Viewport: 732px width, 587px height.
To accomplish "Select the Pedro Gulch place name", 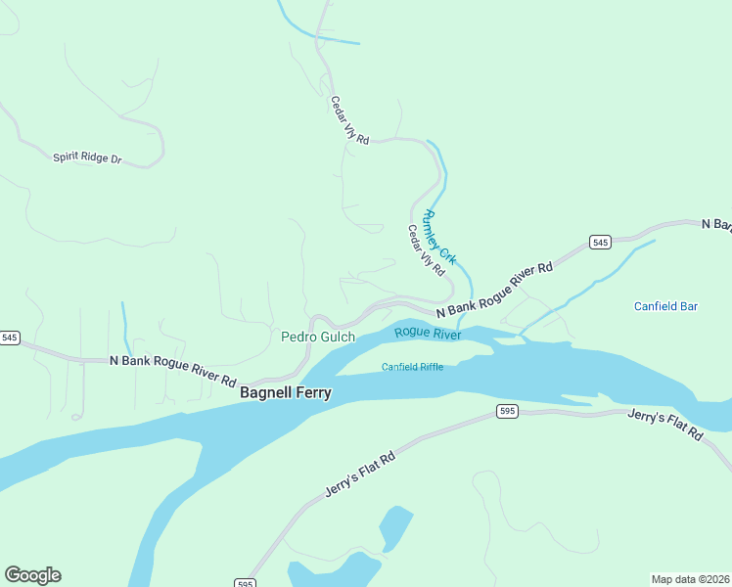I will tap(318, 337).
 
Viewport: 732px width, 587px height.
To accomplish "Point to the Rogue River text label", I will tap(428, 334).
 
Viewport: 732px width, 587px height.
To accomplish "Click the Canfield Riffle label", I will tap(412, 367).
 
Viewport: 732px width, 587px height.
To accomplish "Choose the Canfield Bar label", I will tap(665, 306).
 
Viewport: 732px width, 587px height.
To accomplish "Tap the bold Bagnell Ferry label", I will tap(286, 392).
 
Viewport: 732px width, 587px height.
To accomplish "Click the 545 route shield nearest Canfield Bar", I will tap(600, 242).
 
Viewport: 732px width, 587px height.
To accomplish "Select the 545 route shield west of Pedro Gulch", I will tap(10, 338).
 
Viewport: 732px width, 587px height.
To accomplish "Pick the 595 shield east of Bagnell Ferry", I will tap(506, 411).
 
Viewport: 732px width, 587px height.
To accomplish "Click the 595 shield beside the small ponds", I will tap(245, 583).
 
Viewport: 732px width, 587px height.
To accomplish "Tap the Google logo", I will tap(32, 575).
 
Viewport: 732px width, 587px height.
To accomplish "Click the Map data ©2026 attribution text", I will tap(690, 579).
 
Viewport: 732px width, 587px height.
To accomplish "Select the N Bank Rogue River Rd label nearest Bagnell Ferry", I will tap(172, 370).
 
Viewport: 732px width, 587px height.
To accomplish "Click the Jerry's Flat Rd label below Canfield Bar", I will tap(665, 426).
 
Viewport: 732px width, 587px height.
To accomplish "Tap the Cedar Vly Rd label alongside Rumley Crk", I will tap(426, 250).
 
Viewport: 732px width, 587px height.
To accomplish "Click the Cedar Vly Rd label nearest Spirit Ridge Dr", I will tap(348, 120).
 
